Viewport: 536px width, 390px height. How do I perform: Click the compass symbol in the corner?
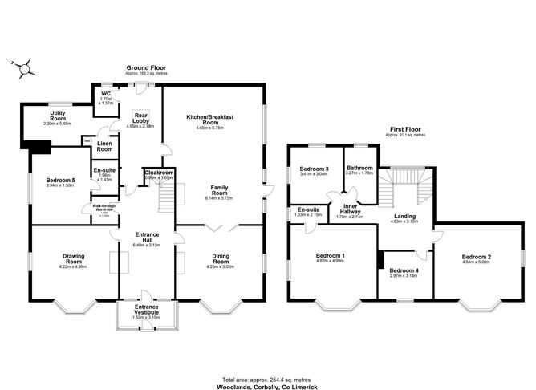pyautogui.click(x=23, y=69)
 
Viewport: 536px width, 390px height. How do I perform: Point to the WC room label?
pyautogui.click(x=105, y=93)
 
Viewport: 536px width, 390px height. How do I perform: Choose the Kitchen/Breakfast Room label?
pyautogui.click(x=212, y=120)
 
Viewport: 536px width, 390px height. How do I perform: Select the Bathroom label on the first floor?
pyautogui.click(x=360, y=169)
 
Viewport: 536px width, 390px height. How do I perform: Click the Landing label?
pyautogui.click(x=405, y=217)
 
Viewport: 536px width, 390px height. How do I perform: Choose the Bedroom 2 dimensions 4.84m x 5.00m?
pyautogui.click(x=477, y=262)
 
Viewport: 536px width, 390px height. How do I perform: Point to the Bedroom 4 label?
pyautogui.click(x=403, y=271)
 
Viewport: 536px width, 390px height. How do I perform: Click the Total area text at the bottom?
pyautogui.click(x=266, y=378)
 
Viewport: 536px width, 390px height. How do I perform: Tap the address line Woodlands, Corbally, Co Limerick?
pyautogui.click(x=266, y=384)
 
